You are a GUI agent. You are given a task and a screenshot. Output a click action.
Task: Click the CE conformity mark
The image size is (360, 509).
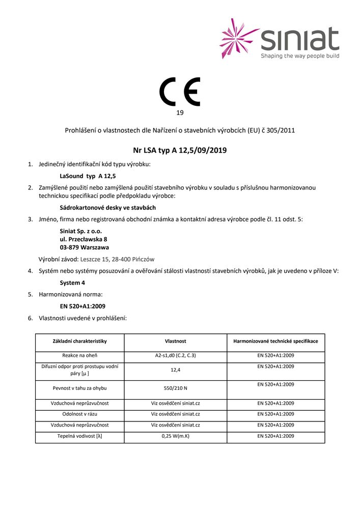pyautogui.click(x=180, y=92)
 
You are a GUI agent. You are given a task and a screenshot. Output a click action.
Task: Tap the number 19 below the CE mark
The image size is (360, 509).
pyautogui.click(x=180, y=112)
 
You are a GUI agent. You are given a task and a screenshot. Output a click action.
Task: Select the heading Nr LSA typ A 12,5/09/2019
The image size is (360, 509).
pyautogui.click(x=179, y=150)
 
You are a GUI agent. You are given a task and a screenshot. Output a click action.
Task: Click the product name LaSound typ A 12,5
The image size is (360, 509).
pyautogui.click(x=86, y=176)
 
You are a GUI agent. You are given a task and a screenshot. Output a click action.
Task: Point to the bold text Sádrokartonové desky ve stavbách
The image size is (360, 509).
pyautogui.click(x=107, y=208)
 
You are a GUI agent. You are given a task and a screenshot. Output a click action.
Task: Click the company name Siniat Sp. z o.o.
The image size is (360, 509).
pyautogui.click(x=81, y=231)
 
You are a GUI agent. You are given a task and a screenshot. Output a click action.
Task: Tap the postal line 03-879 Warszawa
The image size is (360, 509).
pyautogui.click(x=84, y=247)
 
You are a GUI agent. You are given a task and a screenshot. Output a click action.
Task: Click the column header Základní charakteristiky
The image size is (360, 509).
pyautogui.click(x=79, y=341)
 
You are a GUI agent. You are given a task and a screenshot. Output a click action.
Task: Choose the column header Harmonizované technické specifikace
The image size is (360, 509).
pyautogui.click(x=275, y=341)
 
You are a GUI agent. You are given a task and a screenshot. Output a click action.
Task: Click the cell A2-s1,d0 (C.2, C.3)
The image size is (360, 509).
pyautogui.click(x=175, y=356)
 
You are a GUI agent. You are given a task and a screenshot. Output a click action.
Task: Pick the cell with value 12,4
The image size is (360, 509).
pyautogui.click(x=175, y=370)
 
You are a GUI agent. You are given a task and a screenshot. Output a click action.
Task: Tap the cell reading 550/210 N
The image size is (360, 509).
pyautogui.click(x=175, y=388)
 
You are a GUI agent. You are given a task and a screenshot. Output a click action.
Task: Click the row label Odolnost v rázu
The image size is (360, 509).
pyautogui.click(x=79, y=414)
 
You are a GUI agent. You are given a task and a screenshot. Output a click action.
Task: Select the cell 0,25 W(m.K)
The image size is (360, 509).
pyautogui.click(x=175, y=436)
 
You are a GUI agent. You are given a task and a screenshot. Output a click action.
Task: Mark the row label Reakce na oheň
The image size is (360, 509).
pyautogui.click(x=79, y=356)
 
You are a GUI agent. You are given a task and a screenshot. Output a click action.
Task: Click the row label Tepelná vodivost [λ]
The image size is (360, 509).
pyautogui.click(x=79, y=436)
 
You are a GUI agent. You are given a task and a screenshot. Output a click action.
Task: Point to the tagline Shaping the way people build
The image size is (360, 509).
pyautogui.click(x=300, y=56)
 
